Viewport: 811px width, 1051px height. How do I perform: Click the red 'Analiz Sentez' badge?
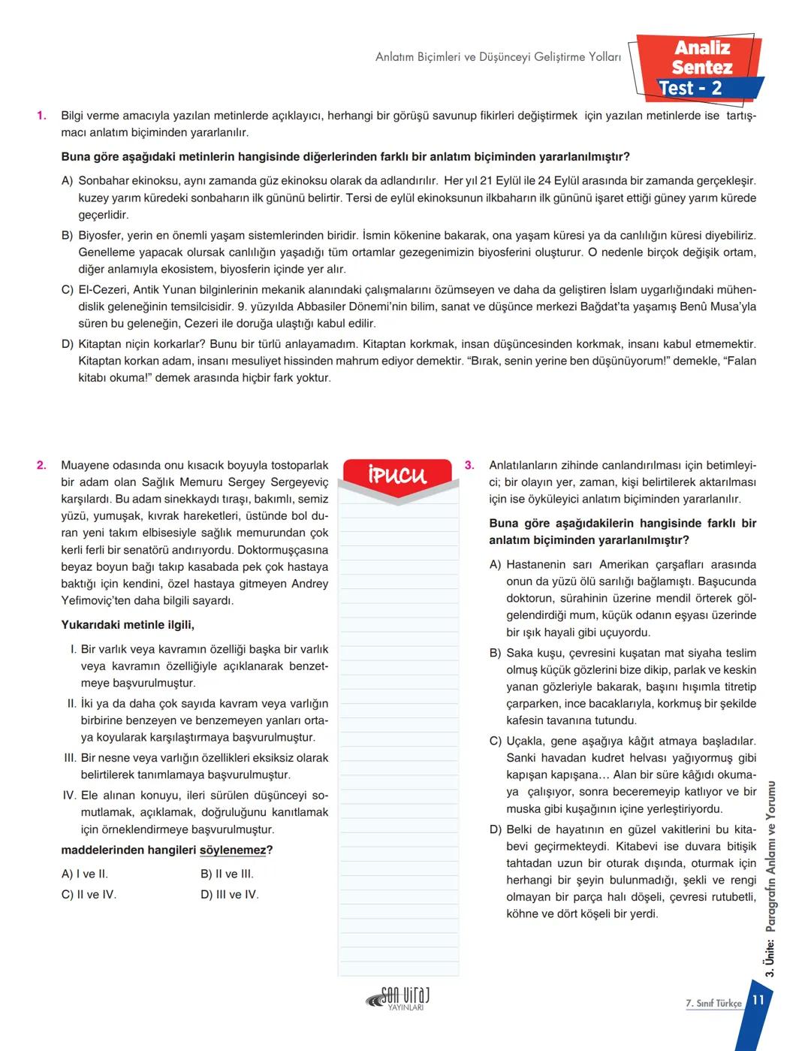click(701, 58)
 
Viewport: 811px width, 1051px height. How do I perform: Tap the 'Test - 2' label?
click(690, 89)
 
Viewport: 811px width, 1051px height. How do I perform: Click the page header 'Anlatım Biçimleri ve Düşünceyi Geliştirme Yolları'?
click(498, 57)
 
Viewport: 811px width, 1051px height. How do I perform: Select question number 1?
click(41, 116)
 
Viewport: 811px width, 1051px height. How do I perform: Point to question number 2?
click(41, 465)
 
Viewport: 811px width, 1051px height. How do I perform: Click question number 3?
click(469, 465)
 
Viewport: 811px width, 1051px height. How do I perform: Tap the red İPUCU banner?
click(397, 475)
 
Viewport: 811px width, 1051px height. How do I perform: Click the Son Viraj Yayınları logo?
click(399, 999)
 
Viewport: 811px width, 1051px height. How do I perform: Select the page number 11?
click(758, 1000)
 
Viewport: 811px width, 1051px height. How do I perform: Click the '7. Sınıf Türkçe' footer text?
click(713, 1003)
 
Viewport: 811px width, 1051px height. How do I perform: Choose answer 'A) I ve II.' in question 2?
click(84, 874)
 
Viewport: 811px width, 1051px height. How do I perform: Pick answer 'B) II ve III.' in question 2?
click(227, 874)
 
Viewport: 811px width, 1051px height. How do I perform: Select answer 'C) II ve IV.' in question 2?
click(89, 894)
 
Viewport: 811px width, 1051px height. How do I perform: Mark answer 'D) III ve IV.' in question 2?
click(229, 894)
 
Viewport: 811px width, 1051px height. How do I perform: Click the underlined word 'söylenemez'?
click(232, 850)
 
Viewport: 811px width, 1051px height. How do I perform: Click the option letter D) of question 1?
click(68, 344)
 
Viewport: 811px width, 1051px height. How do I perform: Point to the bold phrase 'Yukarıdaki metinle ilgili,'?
click(128, 625)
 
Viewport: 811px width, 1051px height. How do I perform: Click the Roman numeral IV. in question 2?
click(69, 795)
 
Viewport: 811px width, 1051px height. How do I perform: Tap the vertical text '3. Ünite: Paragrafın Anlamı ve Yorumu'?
click(770, 879)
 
